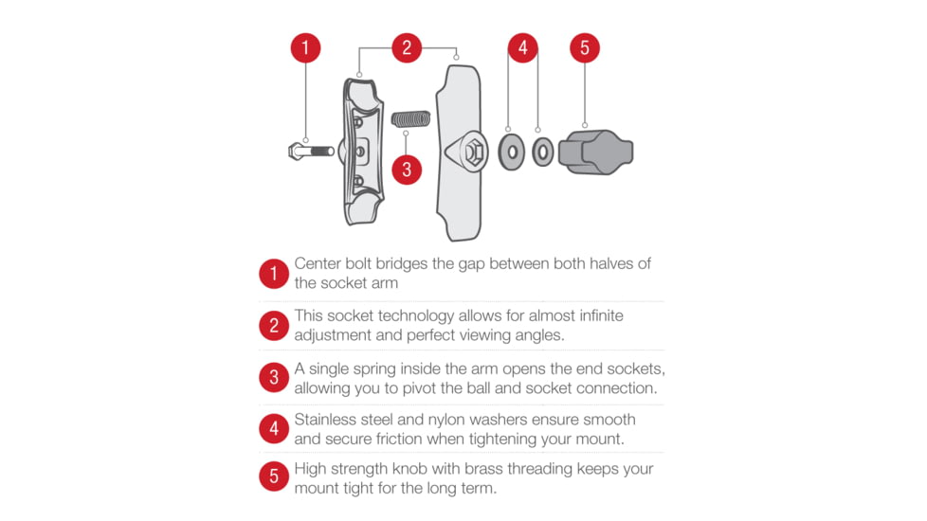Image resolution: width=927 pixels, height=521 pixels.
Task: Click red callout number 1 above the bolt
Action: tap(305, 48)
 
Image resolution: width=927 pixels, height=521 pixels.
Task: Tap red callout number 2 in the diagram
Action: tap(407, 48)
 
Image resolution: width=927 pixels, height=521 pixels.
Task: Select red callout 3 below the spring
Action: tap(407, 170)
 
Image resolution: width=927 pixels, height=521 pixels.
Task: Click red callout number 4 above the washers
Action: tap(522, 48)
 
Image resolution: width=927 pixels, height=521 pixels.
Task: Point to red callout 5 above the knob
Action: tap(585, 48)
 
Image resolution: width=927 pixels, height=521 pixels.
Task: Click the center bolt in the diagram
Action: tap(312, 152)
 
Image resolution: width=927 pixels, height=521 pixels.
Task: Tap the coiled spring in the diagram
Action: tap(410, 118)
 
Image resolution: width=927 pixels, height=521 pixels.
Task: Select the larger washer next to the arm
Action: tap(512, 152)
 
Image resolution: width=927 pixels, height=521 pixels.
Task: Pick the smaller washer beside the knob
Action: tap(543, 152)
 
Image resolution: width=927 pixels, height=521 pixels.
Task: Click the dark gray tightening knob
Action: tap(596, 153)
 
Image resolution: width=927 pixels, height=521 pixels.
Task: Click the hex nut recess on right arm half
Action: tap(474, 152)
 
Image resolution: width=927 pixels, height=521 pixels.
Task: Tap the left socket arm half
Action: tap(362, 152)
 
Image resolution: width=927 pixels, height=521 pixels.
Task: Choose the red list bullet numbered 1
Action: tap(274, 274)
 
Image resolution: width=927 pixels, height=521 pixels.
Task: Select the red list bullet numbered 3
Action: tap(274, 377)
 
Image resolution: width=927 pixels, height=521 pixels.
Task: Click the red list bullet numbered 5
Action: tap(274, 476)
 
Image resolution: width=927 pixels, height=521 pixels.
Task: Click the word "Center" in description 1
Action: tap(318, 263)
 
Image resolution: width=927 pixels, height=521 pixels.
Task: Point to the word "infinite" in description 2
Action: tap(601, 315)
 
